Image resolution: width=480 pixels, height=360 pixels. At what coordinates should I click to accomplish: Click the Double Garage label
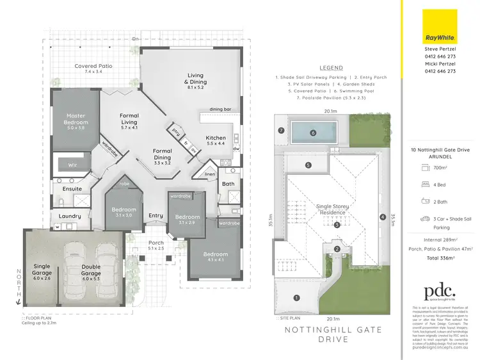(x=91, y=274)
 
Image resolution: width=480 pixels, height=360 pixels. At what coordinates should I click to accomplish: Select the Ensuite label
(x=71, y=190)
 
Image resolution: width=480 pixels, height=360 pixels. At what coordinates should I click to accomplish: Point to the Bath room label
(x=228, y=184)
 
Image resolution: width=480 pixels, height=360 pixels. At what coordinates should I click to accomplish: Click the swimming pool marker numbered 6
(x=314, y=133)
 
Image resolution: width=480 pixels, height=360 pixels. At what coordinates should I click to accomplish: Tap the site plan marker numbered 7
(x=281, y=131)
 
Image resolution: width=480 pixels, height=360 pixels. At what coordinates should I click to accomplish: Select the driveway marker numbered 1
(x=296, y=297)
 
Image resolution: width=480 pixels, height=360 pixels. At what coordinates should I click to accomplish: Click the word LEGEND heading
(x=330, y=68)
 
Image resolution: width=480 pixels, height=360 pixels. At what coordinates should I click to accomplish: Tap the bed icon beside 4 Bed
(x=425, y=184)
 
